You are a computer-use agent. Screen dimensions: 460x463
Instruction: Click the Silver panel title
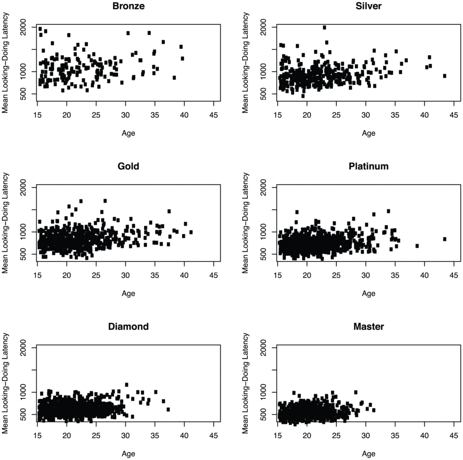(369, 6)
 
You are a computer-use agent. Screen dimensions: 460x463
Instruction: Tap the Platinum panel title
(369, 166)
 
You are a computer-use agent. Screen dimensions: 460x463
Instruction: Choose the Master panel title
(369, 326)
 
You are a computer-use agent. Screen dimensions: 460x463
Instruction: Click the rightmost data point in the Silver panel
(444, 76)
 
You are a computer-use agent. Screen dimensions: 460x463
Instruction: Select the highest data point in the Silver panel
(325, 28)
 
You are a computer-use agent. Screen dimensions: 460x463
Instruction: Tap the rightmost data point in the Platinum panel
(444, 239)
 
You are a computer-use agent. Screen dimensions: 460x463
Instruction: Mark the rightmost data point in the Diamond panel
(168, 409)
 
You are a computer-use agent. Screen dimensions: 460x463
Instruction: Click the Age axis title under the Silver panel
(369, 134)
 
